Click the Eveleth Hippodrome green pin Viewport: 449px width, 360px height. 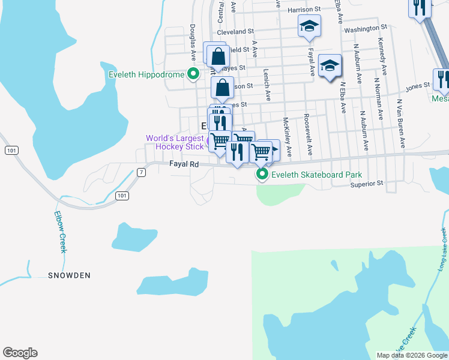click(x=193, y=75)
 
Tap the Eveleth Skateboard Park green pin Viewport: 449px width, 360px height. click(x=262, y=175)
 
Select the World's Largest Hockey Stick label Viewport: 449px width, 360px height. click(x=175, y=142)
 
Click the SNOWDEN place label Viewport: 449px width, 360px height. click(x=70, y=275)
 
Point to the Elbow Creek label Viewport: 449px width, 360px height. click(x=59, y=232)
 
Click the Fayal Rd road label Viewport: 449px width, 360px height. click(x=184, y=163)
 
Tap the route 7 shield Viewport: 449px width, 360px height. click(x=141, y=172)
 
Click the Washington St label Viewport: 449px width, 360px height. click(x=366, y=28)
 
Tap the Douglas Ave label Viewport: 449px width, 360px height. click(x=193, y=43)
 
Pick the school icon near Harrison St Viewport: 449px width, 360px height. click(x=309, y=26)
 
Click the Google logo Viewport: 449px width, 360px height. click(x=20, y=353)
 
